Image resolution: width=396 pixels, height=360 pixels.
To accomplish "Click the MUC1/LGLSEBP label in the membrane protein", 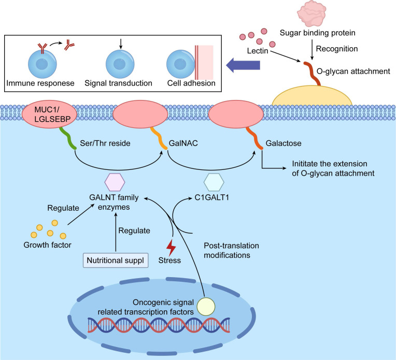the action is pyautogui.click(x=52, y=114).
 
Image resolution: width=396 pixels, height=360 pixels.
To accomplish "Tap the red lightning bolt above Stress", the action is pyautogui.click(x=171, y=248).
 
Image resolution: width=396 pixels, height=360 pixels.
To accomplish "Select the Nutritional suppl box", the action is pyautogui.click(x=116, y=260).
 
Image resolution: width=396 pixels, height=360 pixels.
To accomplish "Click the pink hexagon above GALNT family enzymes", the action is pyautogui.click(x=115, y=182).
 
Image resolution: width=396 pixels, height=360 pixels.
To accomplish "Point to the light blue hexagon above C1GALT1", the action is pyautogui.click(x=214, y=182).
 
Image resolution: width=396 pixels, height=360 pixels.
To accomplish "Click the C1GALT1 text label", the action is pyautogui.click(x=212, y=197).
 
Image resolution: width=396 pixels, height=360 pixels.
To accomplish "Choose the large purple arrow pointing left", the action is pyautogui.click(x=243, y=65).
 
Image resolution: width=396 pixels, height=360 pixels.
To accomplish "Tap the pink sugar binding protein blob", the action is pyautogui.click(x=312, y=13).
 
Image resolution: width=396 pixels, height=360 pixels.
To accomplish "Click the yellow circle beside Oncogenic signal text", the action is pyautogui.click(x=206, y=307).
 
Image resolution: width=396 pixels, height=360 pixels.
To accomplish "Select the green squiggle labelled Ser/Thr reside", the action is pyautogui.click(x=68, y=138).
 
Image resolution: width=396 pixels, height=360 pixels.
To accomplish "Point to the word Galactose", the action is pyautogui.click(x=284, y=143).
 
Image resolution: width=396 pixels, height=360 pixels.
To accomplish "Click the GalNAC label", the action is pyautogui.click(x=183, y=143).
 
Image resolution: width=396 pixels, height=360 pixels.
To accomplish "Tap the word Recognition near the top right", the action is pyautogui.click(x=337, y=49).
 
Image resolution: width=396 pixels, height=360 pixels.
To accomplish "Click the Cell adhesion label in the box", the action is pyautogui.click(x=191, y=83).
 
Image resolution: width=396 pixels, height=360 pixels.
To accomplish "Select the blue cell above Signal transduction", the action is pyautogui.click(x=120, y=64).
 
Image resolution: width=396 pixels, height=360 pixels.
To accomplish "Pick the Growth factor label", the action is pyautogui.click(x=48, y=245).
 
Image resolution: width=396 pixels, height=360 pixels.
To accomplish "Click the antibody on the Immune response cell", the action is pyautogui.click(x=43, y=48).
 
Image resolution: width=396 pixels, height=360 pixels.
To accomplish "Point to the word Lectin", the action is pyautogui.click(x=258, y=51).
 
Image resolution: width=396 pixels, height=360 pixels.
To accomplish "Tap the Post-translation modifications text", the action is pyautogui.click(x=231, y=250).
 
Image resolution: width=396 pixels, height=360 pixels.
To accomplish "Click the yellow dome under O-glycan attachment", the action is pyautogui.click(x=312, y=96).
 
